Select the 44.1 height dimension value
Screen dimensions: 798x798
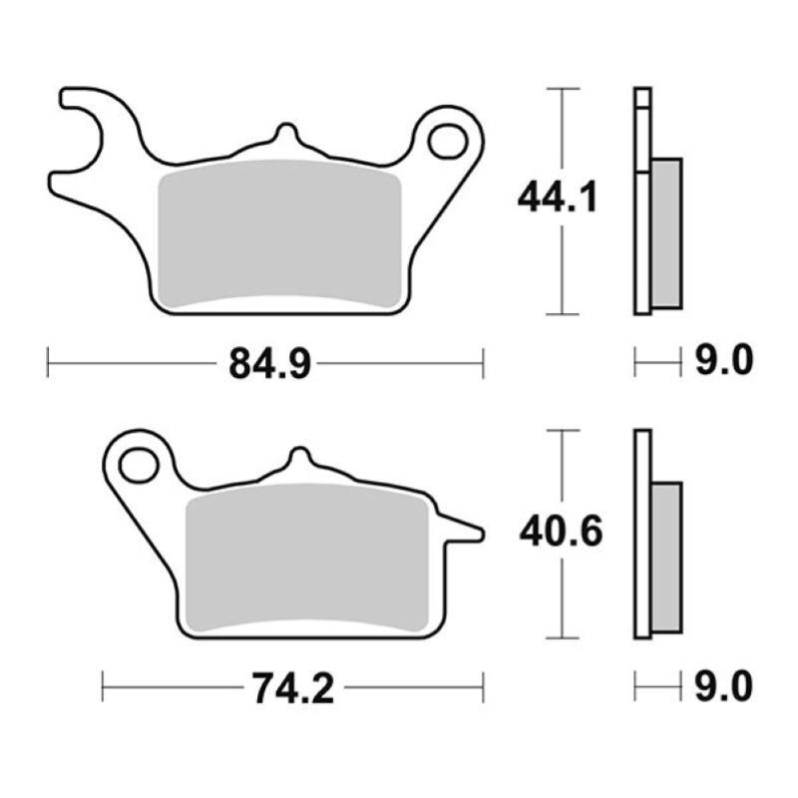(x=557, y=199)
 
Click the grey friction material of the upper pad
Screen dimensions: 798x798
(x=279, y=234)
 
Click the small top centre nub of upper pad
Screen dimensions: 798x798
(x=285, y=136)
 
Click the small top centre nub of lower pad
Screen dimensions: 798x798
(x=297, y=460)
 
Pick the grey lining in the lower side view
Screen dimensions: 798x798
(x=667, y=557)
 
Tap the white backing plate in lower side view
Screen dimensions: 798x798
(x=642, y=534)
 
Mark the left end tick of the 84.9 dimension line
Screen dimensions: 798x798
(x=48, y=363)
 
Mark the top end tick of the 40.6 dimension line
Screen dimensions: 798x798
(x=565, y=431)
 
